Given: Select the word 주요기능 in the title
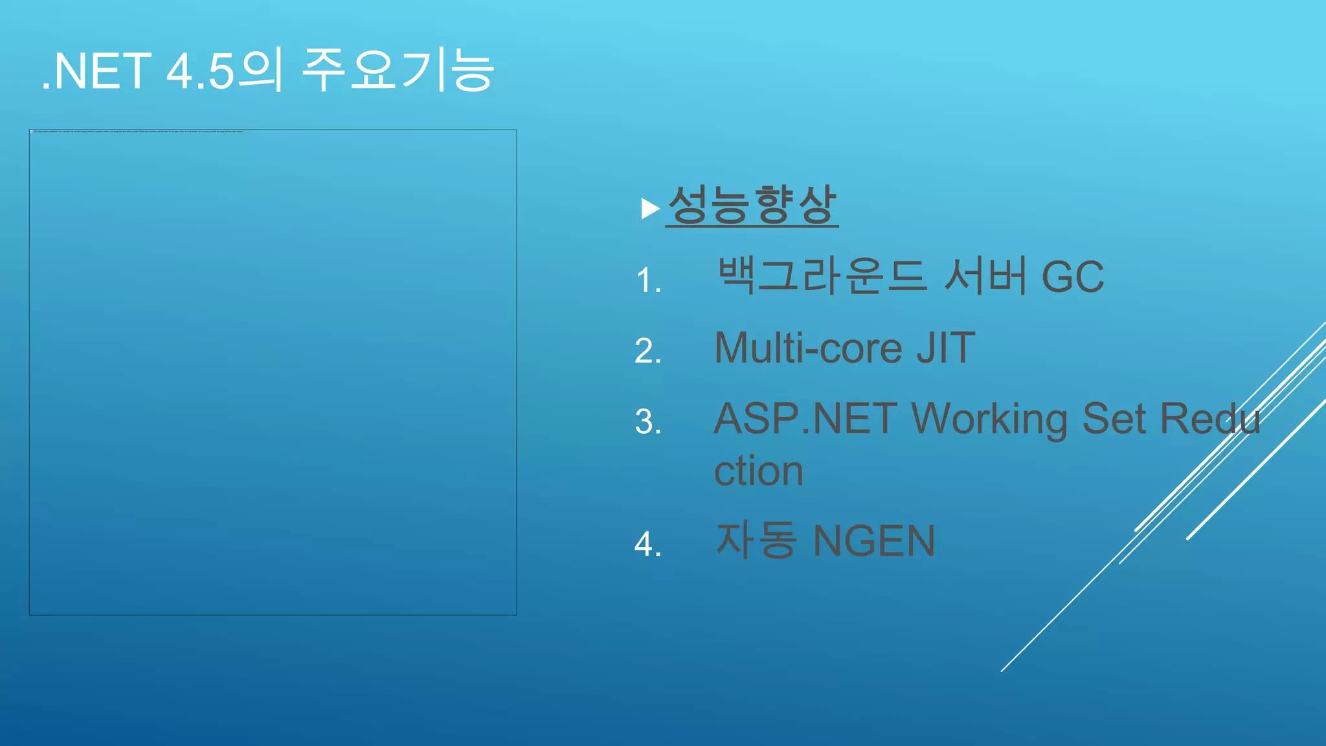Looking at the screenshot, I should coord(398,70).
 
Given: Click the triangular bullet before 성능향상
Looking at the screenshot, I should coord(649,209).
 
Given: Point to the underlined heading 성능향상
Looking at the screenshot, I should coord(752,206).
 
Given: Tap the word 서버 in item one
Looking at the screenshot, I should coord(985,276).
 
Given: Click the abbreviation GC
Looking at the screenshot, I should coord(1072,277).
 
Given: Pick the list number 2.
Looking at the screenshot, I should coord(648,352).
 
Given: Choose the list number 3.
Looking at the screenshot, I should coord(648,422).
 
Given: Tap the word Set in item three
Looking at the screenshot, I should coord(1114,418).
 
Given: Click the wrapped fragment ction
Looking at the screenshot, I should coord(758,471).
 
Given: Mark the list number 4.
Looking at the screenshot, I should coord(648,545).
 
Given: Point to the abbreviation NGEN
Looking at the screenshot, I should coord(874,541).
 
